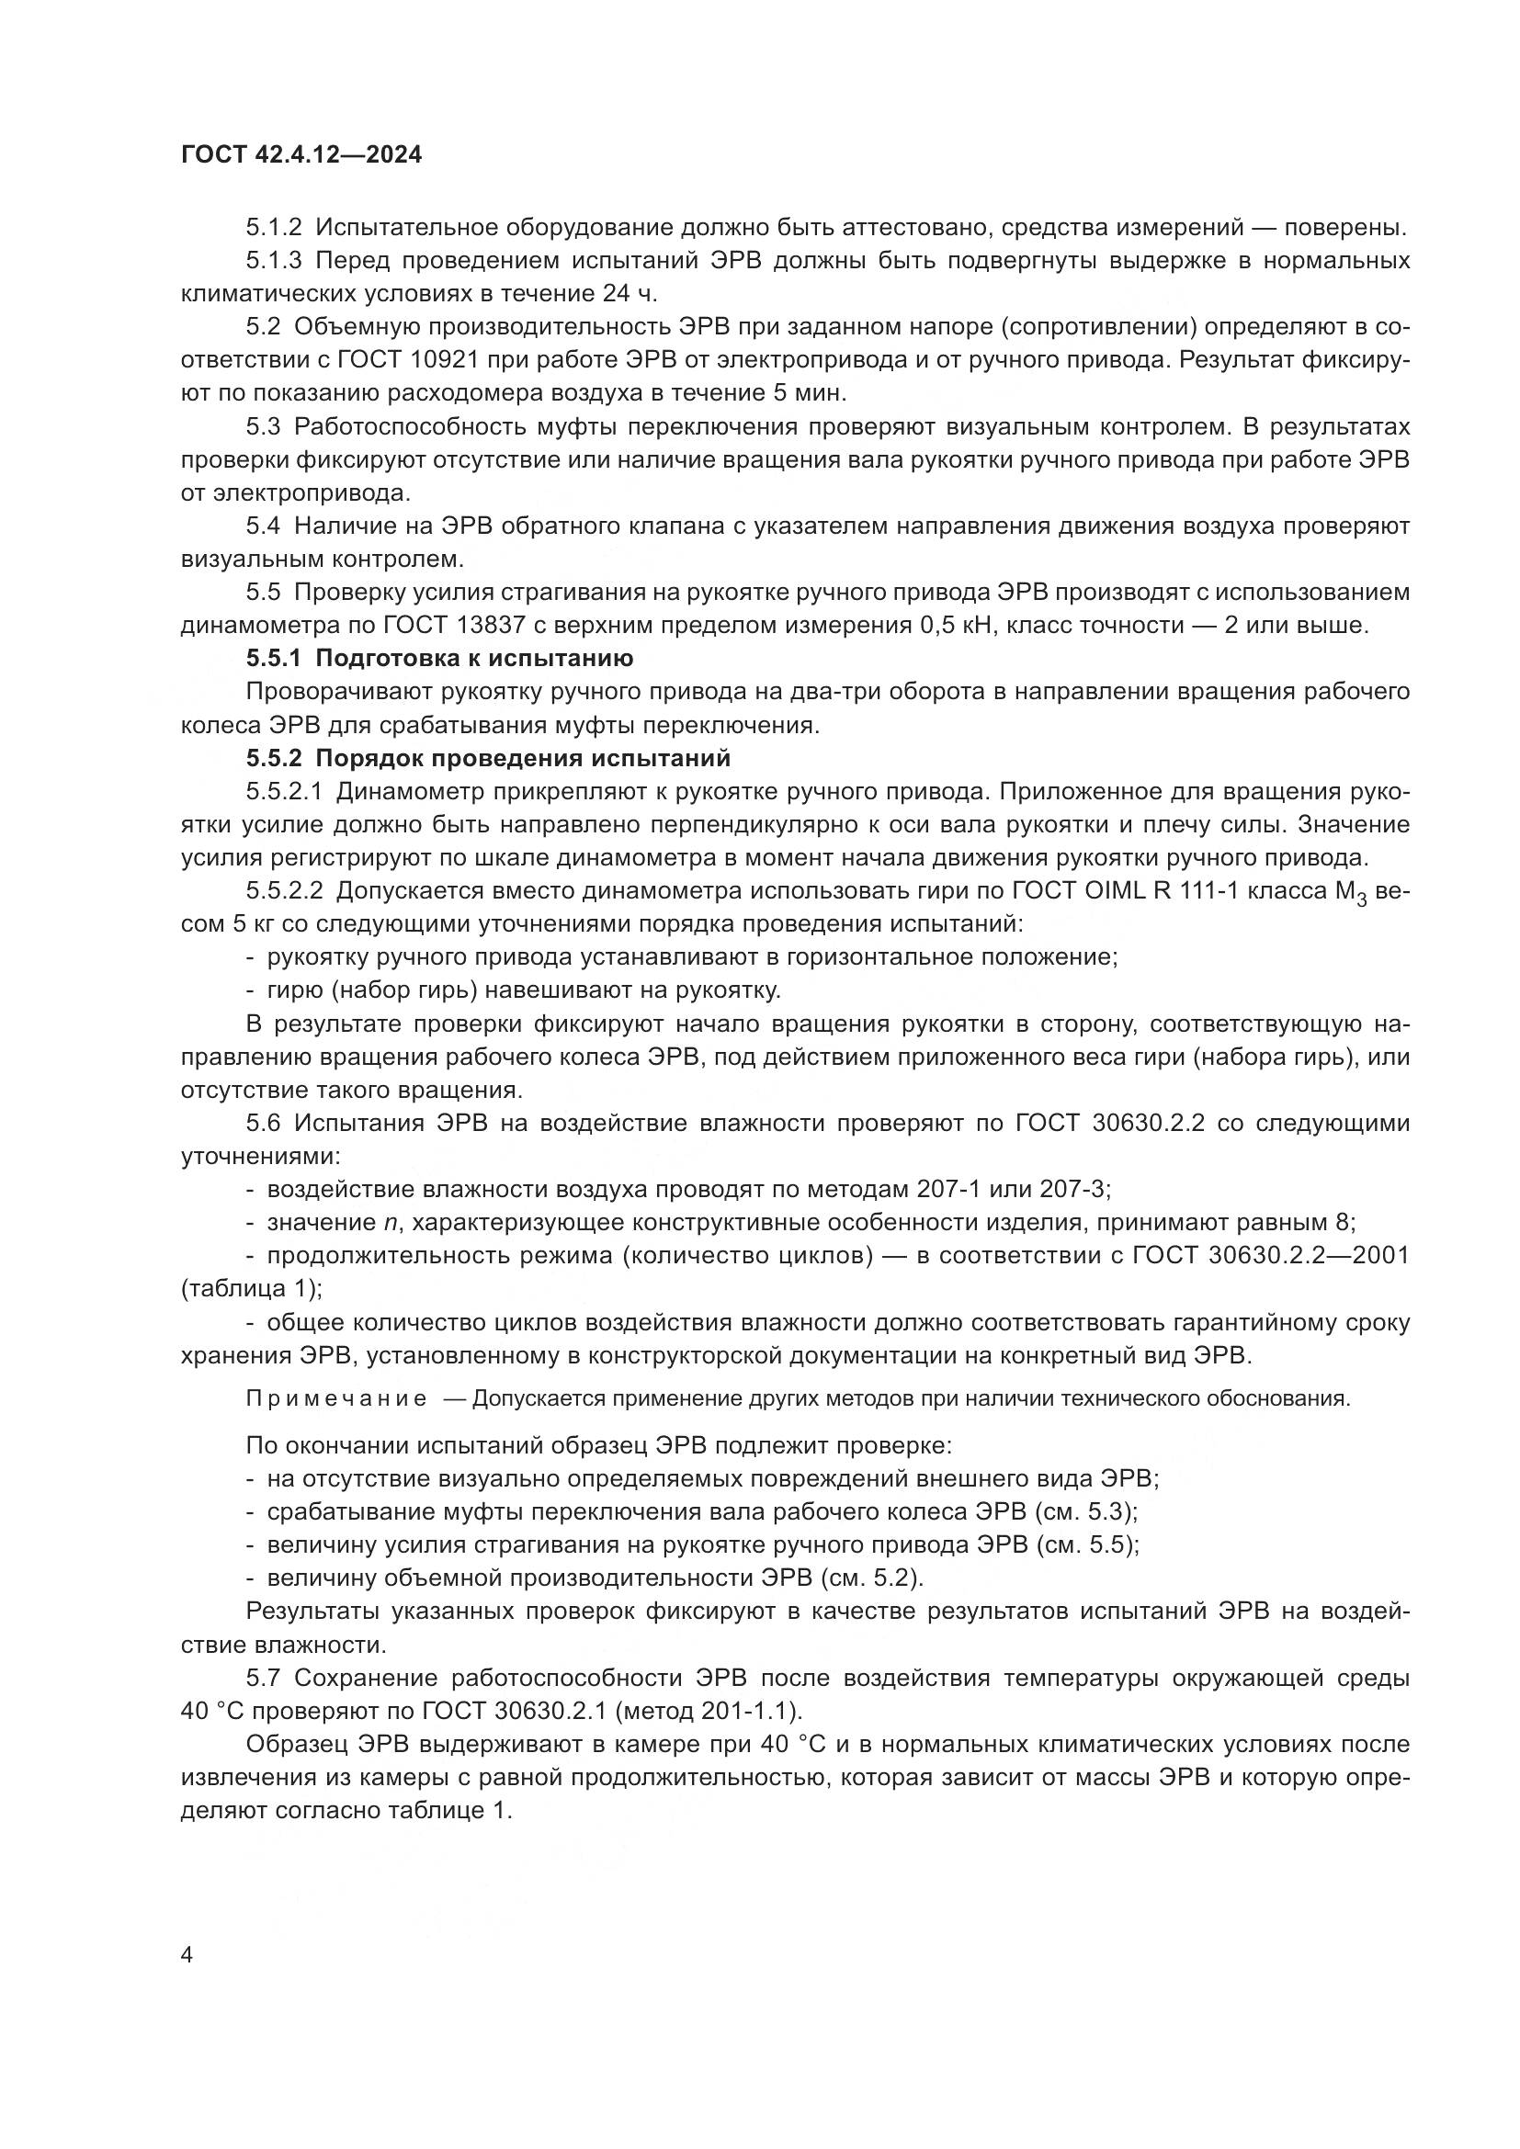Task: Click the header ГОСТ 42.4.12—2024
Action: point(301,155)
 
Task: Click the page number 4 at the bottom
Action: point(187,1955)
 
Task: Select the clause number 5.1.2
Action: point(273,228)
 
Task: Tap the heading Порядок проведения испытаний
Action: point(522,758)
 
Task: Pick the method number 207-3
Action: point(1072,1190)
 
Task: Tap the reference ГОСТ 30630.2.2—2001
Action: point(1270,1255)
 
